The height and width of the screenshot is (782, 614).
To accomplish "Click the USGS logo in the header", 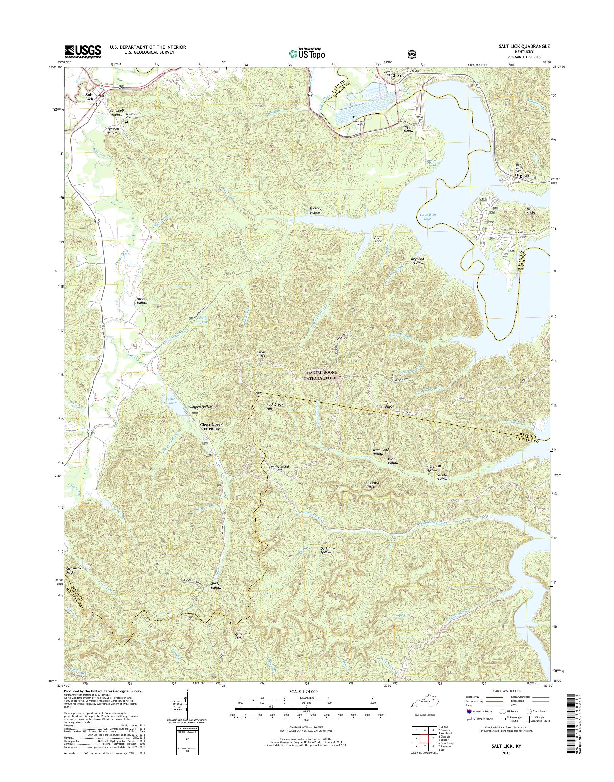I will tap(83, 51).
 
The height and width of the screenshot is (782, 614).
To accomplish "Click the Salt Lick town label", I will tap(89, 97).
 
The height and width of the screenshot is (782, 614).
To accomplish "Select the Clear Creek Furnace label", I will tap(212, 426).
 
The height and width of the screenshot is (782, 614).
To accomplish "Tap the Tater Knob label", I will tap(389, 404).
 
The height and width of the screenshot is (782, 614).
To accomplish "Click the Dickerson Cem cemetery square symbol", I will tap(126, 122).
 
